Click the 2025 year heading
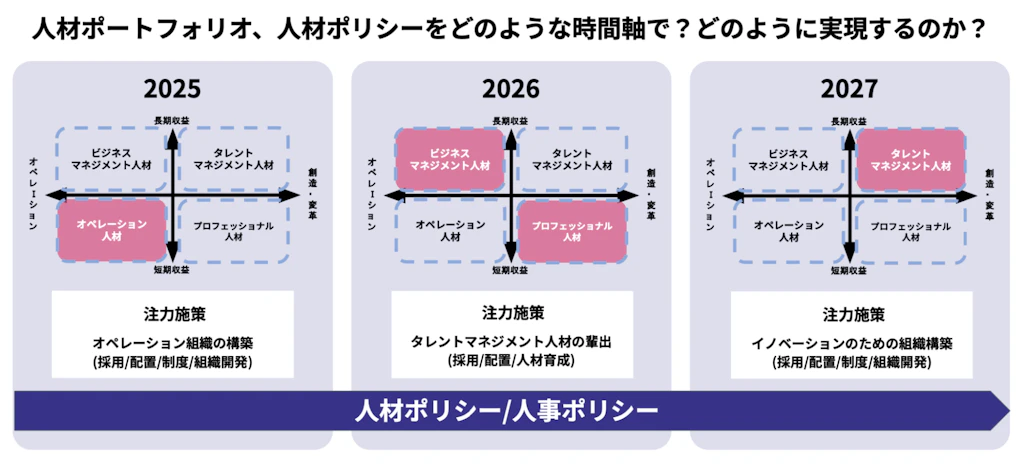(x=172, y=89)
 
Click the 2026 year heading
(x=511, y=89)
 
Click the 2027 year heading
(x=850, y=89)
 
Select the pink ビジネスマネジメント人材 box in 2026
(x=449, y=159)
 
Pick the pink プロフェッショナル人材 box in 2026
(x=572, y=231)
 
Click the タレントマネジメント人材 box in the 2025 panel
(x=233, y=159)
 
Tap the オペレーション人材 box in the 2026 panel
(x=450, y=231)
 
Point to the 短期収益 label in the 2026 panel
(x=511, y=270)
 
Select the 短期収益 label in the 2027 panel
(x=850, y=270)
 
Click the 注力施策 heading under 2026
(x=511, y=313)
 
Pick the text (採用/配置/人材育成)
(x=511, y=360)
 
